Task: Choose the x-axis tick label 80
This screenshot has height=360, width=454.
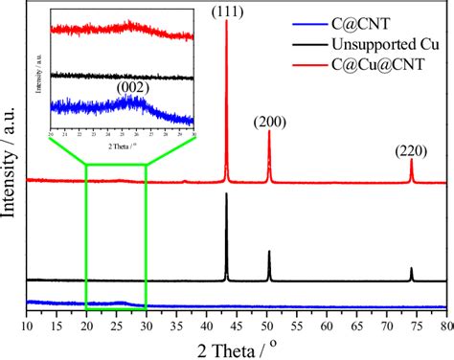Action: [x=445, y=326]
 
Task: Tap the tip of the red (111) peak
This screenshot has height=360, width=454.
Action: [x=227, y=21]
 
